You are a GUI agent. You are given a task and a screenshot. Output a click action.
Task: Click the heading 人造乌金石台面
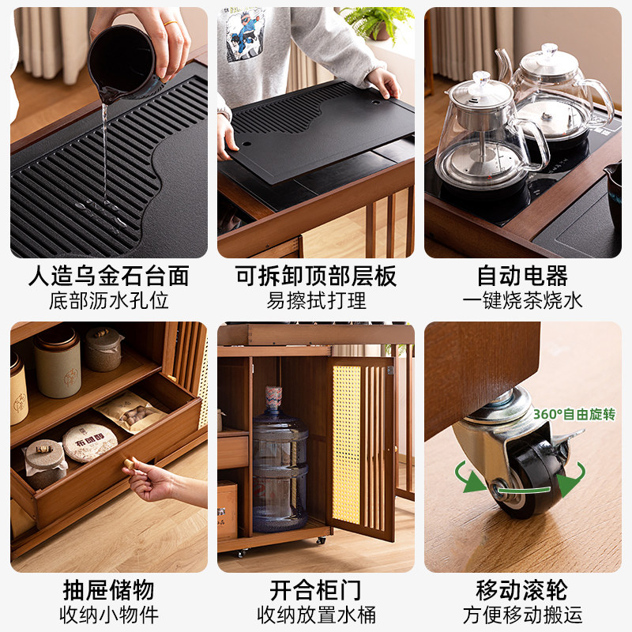point(109,276)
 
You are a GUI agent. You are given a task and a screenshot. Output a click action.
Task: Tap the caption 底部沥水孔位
point(109,300)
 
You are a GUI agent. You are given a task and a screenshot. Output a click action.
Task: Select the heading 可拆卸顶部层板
point(316,276)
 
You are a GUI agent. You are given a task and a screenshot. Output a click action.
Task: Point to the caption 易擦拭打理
point(316,300)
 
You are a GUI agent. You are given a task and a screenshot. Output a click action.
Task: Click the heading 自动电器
point(522,276)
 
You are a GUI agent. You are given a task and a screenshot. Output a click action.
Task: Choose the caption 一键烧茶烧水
point(522,300)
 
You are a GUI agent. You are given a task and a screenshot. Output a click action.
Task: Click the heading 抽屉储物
point(109,589)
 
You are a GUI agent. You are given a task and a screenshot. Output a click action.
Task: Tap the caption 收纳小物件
point(109,614)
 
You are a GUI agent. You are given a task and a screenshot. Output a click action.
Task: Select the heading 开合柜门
point(316,589)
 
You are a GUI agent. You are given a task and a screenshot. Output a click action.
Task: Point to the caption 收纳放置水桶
point(316,614)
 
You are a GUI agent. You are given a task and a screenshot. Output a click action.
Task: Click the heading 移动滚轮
point(522,589)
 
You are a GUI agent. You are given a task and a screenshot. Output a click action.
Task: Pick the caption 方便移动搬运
point(522,614)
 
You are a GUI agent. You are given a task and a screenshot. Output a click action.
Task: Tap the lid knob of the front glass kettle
point(481,77)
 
